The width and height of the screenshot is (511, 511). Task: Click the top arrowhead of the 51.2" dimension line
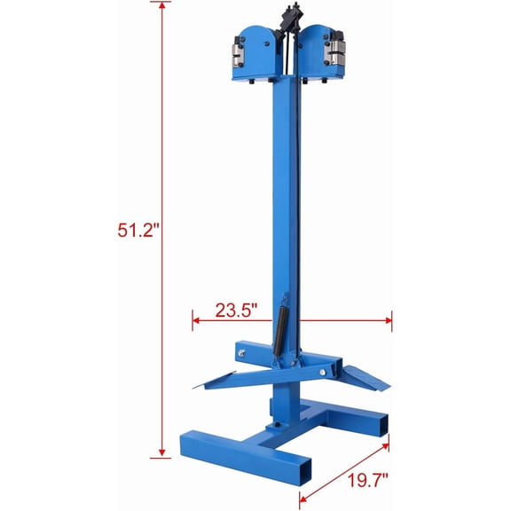click(x=161, y=7)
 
